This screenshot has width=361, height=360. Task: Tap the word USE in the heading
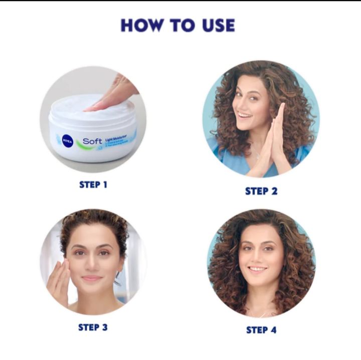pos(215,25)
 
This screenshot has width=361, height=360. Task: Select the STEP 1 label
pos(93,185)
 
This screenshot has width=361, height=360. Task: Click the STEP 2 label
pos(261,191)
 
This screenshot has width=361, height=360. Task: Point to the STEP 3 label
pos(93,327)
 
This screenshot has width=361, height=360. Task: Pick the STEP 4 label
pos(261,329)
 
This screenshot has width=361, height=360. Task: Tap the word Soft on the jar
pos(92,141)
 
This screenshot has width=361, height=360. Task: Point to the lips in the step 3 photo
pos(92,278)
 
